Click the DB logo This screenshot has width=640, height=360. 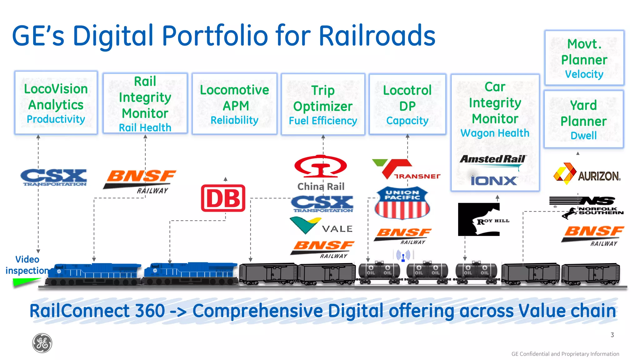pos(223,198)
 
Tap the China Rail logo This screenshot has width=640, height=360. pos(321,172)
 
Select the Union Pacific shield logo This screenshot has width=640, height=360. pos(402,203)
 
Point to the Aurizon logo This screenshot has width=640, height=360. pos(587,174)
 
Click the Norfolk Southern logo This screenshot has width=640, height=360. pos(586,207)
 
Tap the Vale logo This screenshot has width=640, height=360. pos(321,226)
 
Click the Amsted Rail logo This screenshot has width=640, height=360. pos(493,160)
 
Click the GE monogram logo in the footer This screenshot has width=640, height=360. pos(42,343)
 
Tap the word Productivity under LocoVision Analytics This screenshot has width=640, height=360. pos(56,119)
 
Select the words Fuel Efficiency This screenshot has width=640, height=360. pos(323,121)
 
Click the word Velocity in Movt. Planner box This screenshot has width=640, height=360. pos(584,74)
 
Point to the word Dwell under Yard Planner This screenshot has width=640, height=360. pos(583,136)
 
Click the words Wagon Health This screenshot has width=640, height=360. pos(495,133)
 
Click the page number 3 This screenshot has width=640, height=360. pos(612,335)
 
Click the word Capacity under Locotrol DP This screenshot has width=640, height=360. pos(407,121)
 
